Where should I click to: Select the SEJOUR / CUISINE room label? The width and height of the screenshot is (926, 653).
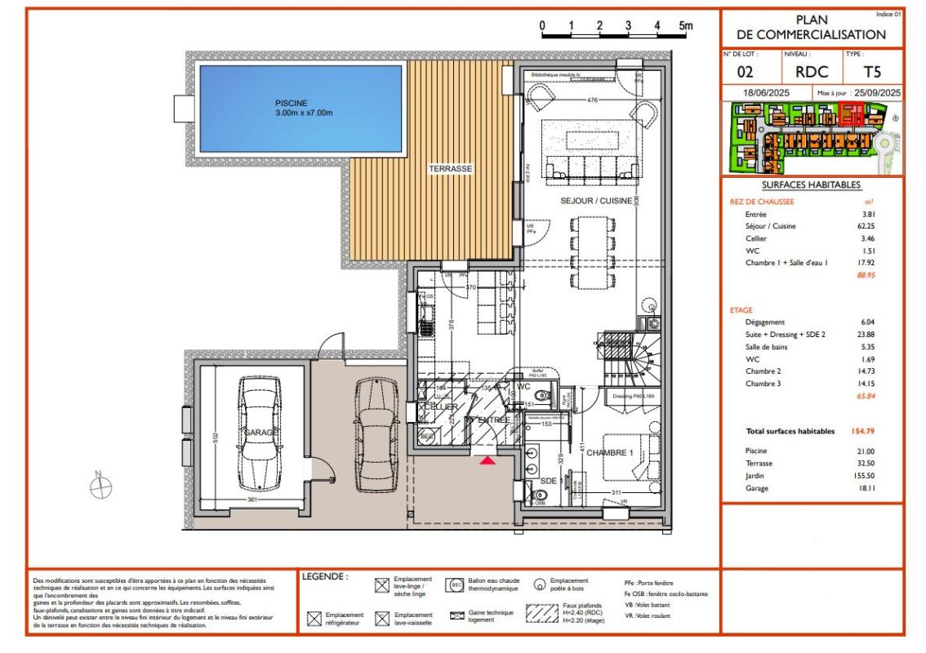(595, 199)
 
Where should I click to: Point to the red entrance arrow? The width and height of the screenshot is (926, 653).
(487, 461)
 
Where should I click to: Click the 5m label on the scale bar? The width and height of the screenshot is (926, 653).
(685, 26)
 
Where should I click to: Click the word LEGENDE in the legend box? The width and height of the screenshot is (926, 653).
(326, 576)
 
